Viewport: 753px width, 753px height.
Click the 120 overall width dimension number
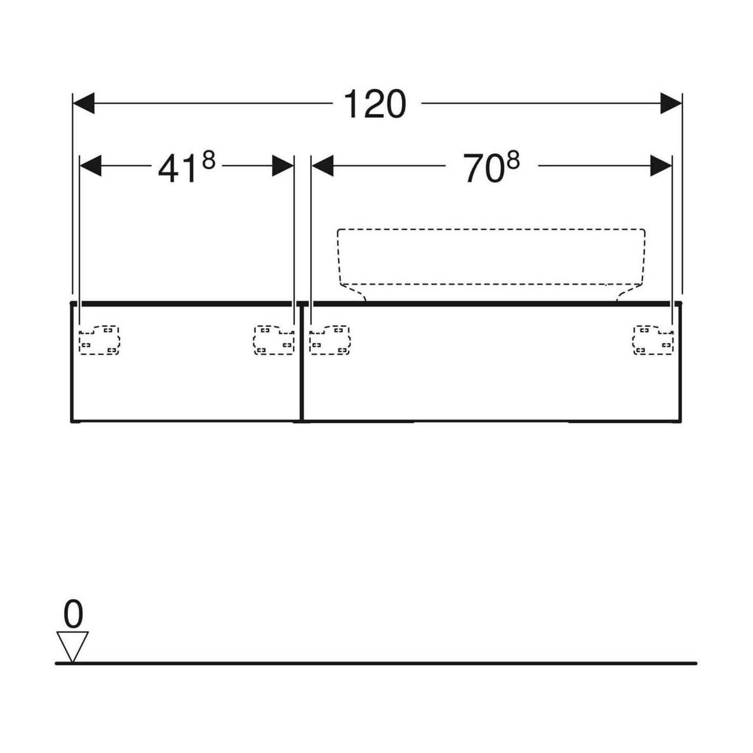(x=375, y=104)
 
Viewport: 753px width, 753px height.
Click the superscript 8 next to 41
(x=209, y=160)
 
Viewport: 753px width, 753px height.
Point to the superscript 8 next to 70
(x=513, y=160)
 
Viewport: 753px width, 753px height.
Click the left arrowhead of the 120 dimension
(x=84, y=103)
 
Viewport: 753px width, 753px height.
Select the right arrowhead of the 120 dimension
(x=671, y=103)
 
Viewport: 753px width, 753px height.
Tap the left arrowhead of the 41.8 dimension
(x=90, y=166)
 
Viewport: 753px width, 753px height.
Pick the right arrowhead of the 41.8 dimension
(x=282, y=166)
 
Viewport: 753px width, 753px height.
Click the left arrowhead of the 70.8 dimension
(x=323, y=166)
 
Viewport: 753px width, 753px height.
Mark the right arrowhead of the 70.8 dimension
(x=660, y=166)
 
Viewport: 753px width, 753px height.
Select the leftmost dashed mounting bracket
(x=99, y=340)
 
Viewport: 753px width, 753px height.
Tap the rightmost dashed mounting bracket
(x=653, y=340)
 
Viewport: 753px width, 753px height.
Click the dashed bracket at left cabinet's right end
(x=274, y=340)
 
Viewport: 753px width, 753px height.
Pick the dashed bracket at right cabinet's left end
(x=330, y=340)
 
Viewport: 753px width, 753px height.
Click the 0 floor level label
(x=73, y=614)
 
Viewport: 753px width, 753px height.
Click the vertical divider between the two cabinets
(x=302, y=363)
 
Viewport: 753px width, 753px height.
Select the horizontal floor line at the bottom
(x=376, y=663)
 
